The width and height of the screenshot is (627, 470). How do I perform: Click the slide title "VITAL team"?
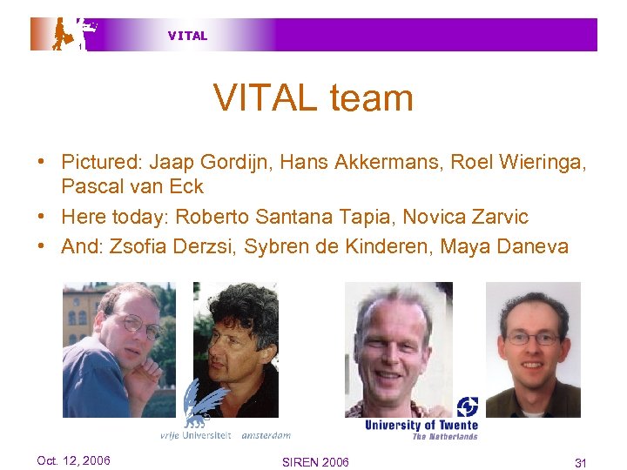pos(313,97)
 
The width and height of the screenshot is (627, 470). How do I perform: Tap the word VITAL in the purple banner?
pos(187,36)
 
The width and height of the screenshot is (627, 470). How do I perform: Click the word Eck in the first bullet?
pos(188,186)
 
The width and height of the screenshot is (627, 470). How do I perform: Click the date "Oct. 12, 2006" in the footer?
pos(73,460)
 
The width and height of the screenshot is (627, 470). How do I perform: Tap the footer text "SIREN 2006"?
pos(315,461)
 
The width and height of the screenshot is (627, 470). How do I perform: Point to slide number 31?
pos(581,462)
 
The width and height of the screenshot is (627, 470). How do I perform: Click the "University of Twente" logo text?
pos(421,425)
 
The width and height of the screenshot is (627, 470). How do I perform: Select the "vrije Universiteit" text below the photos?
pos(195,434)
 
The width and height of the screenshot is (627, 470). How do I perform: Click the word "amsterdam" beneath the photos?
pos(266,434)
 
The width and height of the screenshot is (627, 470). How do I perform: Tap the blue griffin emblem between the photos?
pos(202,404)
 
